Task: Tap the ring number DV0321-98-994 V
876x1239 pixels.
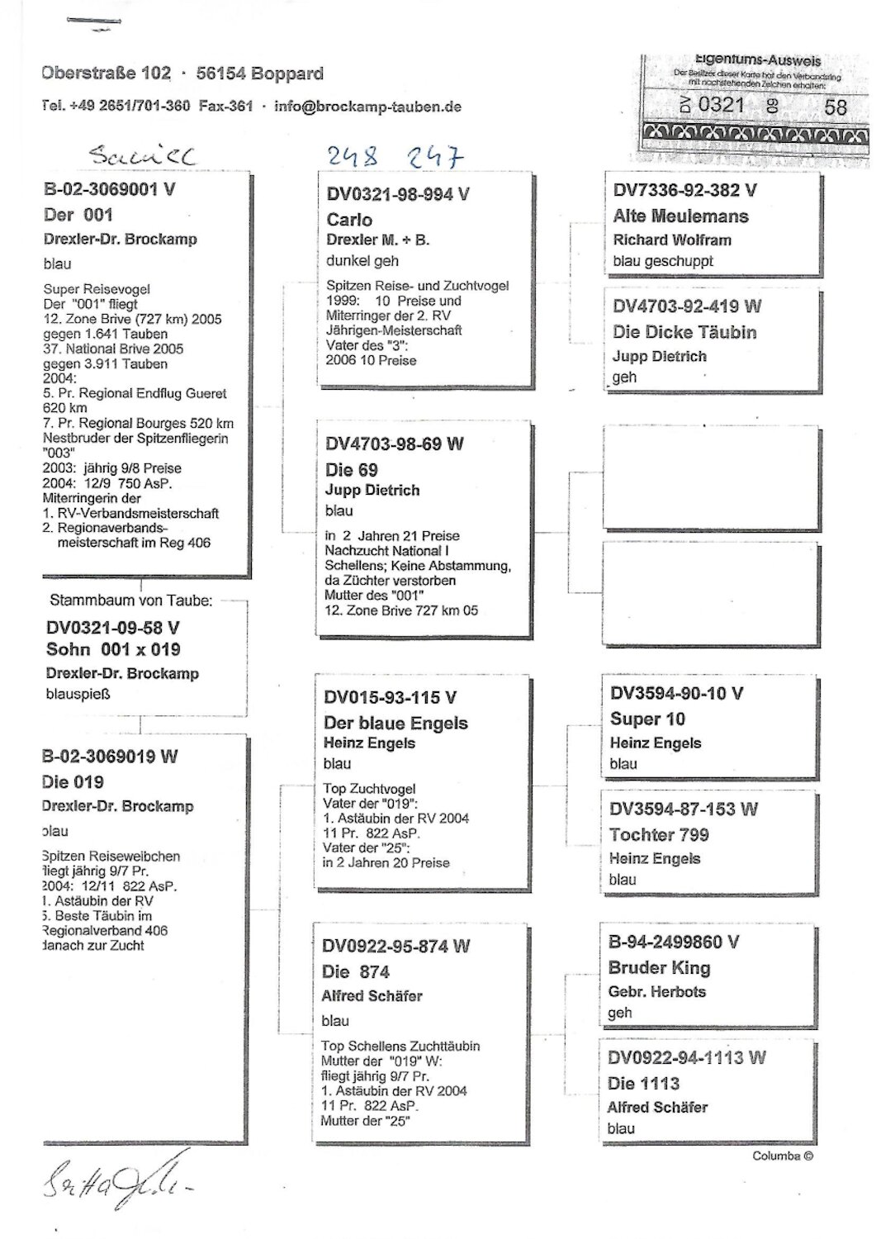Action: click(x=398, y=195)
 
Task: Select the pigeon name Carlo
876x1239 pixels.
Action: click(x=349, y=220)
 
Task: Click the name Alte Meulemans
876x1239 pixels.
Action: click(x=680, y=216)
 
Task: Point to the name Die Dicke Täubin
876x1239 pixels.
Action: click(x=684, y=332)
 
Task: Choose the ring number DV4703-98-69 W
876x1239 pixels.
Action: click(x=395, y=444)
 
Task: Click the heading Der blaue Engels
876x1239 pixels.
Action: click(x=395, y=723)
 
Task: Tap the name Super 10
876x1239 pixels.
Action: click(x=647, y=719)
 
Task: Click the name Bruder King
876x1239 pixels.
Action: click(x=659, y=967)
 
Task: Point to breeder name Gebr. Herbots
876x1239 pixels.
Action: click(x=656, y=991)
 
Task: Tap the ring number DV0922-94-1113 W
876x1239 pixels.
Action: click(x=686, y=1058)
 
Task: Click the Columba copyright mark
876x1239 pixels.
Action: click(x=783, y=1156)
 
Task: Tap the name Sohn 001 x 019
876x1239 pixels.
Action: click(x=113, y=649)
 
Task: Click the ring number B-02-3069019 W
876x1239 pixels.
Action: click(x=110, y=757)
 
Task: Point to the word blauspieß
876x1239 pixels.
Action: click(x=78, y=694)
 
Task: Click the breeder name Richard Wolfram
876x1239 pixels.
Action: click(x=671, y=240)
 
